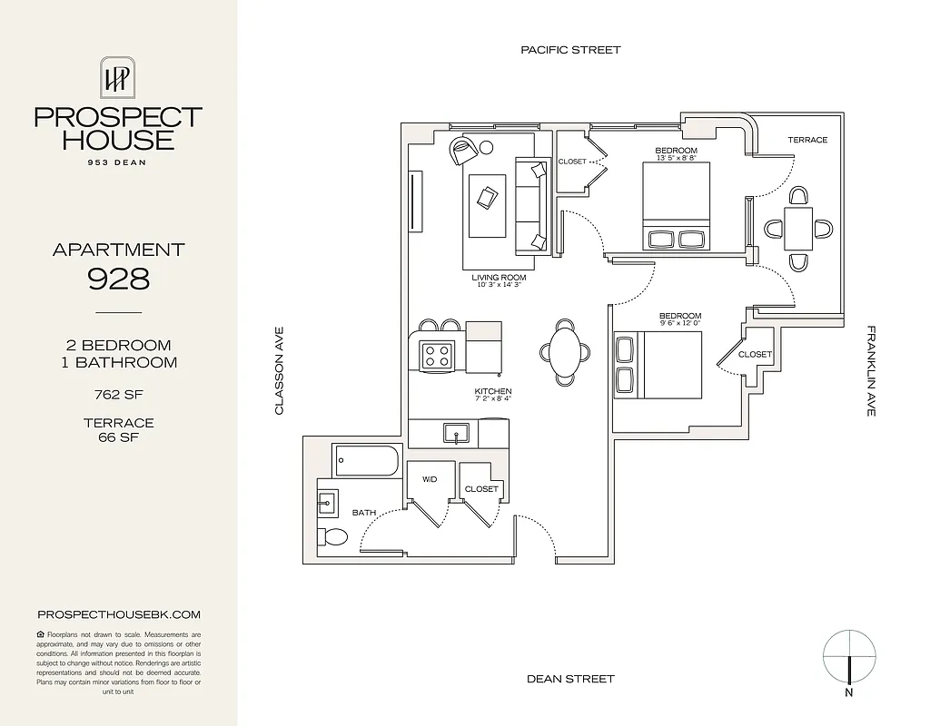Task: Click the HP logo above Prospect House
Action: click(x=117, y=79)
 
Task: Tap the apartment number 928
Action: click(x=118, y=279)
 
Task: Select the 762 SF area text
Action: click(x=118, y=395)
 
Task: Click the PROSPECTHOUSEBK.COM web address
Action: click(x=118, y=614)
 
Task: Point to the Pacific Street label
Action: click(x=570, y=50)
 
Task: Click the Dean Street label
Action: click(x=570, y=679)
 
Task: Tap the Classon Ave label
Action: click(x=280, y=371)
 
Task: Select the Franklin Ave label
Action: click(x=870, y=371)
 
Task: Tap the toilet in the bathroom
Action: click(x=332, y=536)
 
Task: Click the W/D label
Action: click(x=429, y=479)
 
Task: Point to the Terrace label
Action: click(x=806, y=140)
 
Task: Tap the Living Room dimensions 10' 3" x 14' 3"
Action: click(x=499, y=285)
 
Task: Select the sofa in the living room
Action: click(x=531, y=206)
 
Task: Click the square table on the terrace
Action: click(x=798, y=229)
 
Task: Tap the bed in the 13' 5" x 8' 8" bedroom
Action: click(x=678, y=206)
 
